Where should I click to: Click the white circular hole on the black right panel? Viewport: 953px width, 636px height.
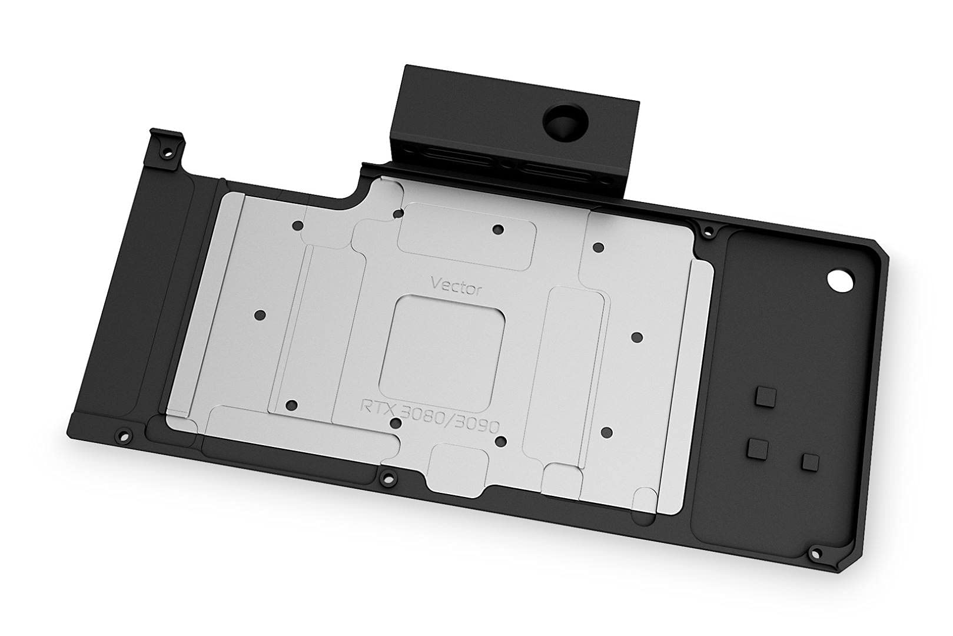(838, 280)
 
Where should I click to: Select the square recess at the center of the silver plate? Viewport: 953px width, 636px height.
(442, 346)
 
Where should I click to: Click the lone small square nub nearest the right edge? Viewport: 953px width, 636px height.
(810, 462)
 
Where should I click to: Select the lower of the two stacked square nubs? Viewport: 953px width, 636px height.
(758, 449)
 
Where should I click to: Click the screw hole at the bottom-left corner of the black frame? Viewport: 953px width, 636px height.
(122, 435)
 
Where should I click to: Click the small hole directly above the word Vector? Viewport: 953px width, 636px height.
(498, 229)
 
